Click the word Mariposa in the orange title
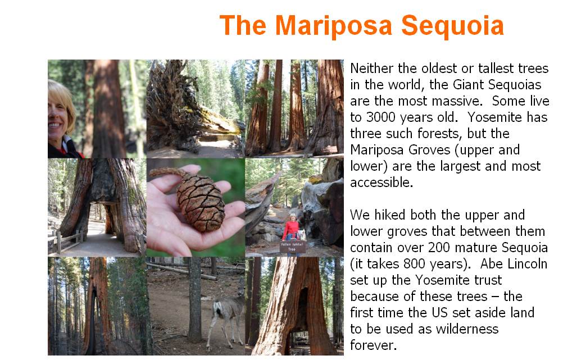click(334, 26)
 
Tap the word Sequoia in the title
click(452, 26)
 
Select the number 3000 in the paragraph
click(383, 117)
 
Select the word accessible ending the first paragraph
click(382, 183)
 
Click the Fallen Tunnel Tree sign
click(292, 247)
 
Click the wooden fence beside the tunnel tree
click(66, 240)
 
